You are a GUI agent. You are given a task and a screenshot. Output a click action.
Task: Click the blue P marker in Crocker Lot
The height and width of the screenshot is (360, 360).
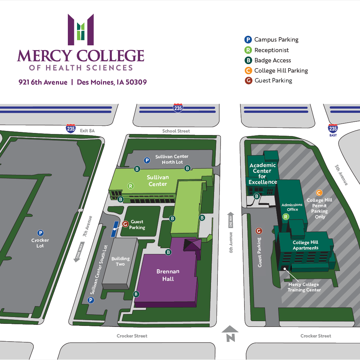[41, 233]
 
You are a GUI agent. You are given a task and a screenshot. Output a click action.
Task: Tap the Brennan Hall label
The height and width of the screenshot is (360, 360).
[168, 275]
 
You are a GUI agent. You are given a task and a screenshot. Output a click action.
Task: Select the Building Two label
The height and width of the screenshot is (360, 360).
[120, 261]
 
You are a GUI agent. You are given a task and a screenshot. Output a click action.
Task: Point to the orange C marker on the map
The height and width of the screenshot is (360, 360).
[319, 193]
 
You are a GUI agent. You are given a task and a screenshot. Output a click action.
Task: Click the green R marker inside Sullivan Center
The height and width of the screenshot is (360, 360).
[130, 186]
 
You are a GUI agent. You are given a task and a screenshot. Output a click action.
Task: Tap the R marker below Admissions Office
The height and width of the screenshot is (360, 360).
[286, 217]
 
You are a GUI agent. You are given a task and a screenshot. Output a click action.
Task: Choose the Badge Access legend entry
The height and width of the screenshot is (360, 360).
[272, 60]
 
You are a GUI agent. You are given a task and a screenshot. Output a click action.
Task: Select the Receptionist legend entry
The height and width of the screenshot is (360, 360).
[271, 50]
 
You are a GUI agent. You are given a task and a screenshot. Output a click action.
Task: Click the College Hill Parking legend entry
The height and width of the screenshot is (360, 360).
[281, 71]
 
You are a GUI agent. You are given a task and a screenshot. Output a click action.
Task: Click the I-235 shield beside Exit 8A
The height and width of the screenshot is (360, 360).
[71, 129]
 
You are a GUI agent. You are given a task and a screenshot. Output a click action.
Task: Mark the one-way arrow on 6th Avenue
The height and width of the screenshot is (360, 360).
[231, 220]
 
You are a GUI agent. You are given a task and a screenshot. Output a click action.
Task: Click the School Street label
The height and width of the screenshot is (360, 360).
[176, 131]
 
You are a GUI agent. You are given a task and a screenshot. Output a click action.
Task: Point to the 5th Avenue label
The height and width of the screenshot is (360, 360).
[341, 175]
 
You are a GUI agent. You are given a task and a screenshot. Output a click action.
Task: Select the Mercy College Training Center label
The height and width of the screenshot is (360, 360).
[304, 287]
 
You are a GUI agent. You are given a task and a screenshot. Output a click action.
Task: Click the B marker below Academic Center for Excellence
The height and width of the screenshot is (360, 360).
[257, 196]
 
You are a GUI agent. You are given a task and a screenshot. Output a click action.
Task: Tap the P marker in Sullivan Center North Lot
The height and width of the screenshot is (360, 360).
[147, 160]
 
